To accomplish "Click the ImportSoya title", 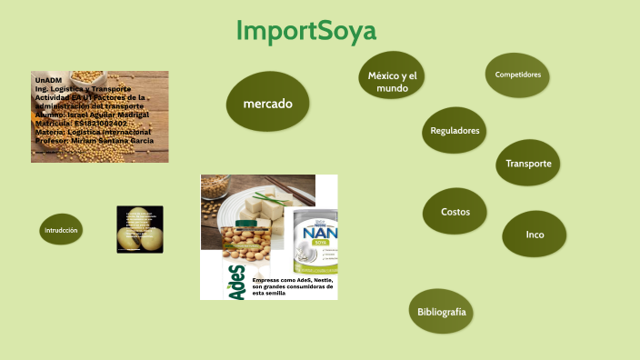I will click(305, 31).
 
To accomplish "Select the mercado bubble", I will click(268, 104).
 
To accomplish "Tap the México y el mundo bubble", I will click(393, 82).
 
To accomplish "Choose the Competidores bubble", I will click(518, 75).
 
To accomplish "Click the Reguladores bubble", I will click(455, 131).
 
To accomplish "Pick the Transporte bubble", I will click(528, 164).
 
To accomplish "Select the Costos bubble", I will click(455, 212).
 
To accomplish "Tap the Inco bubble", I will click(535, 235).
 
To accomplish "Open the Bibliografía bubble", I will click(442, 312).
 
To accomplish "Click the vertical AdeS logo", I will click(236, 283).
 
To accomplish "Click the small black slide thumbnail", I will click(140, 229).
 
